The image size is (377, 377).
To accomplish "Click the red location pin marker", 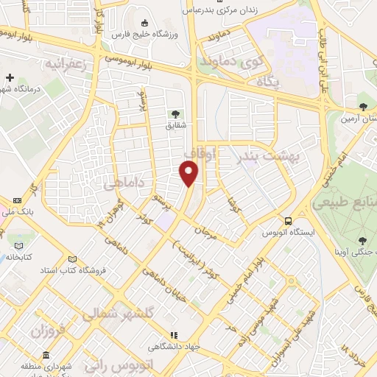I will pos(189,174).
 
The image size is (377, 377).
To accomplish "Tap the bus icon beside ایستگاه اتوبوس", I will pos(289,220).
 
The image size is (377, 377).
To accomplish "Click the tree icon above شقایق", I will pos(175,113).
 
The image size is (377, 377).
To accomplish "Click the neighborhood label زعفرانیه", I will pos(76,64).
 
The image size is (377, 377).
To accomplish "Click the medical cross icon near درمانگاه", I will pos(10,77).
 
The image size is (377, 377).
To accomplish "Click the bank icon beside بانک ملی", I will pos(18,200).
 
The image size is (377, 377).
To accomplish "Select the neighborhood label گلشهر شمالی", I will pos(108,313).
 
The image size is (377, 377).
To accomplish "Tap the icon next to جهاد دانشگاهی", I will pos(174,335).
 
